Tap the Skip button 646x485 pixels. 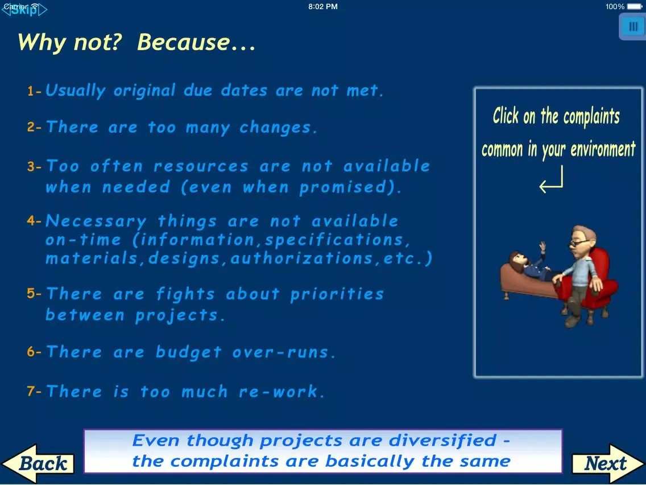point(24,10)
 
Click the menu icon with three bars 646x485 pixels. point(632,26)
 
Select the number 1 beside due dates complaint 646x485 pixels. point(31,91)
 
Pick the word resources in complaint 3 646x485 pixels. point(201,166)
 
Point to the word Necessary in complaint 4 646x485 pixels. point(96,221)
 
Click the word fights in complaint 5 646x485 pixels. point(185,294)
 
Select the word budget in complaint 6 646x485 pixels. point(189,352)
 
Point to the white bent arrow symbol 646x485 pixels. point(551,181)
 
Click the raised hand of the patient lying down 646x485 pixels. point(543,246)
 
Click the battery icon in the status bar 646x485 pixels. point(635,7)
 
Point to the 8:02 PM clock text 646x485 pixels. point(323,7)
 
